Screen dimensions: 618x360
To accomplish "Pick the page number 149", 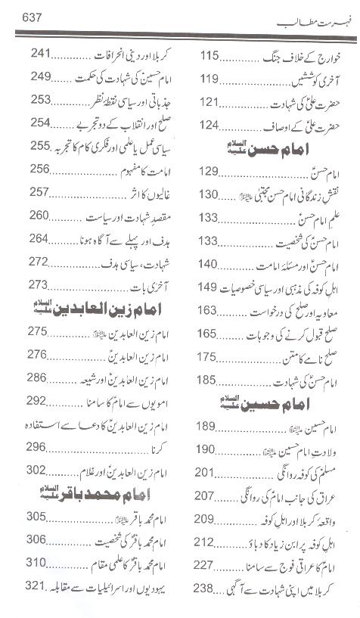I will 208,287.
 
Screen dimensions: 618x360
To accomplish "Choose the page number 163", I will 208,311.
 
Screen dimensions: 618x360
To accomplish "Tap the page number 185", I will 208,379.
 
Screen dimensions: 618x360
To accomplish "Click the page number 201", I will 208,474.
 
